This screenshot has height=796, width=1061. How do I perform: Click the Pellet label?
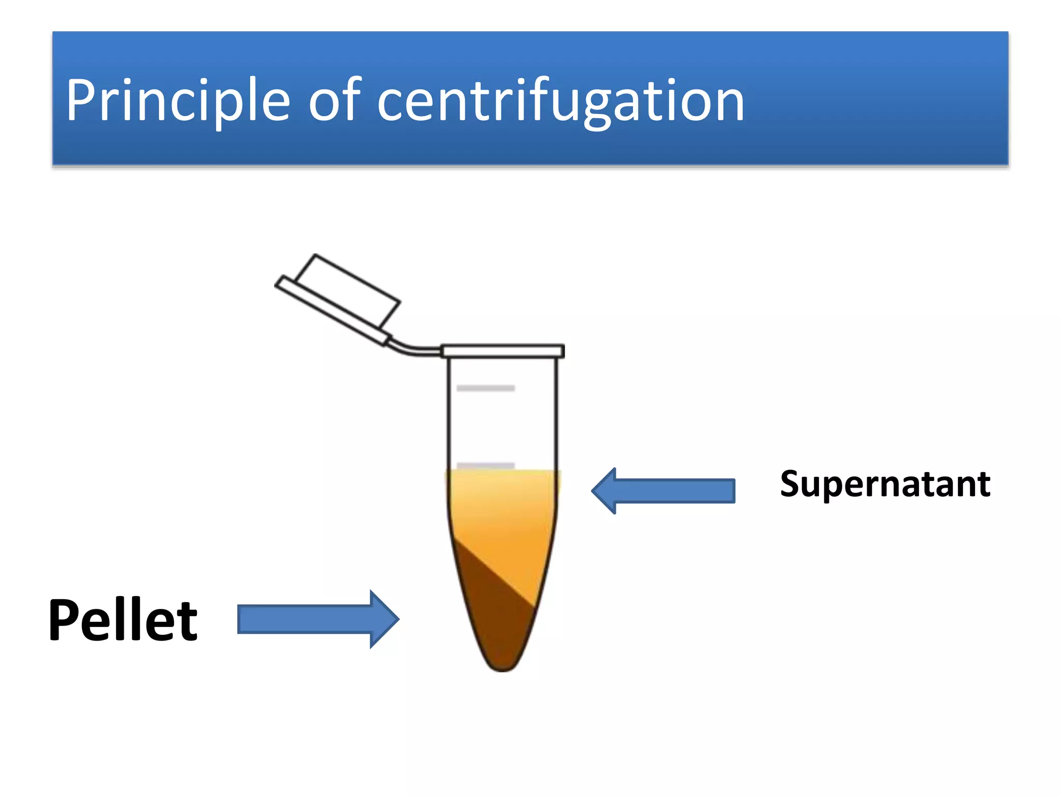[x=123, y=620]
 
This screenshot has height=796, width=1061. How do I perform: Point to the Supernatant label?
[x=885, y=484]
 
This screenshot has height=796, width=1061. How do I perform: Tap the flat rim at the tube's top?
[x=503, y=351]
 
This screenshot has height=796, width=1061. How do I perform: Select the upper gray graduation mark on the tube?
[x=485, y=388]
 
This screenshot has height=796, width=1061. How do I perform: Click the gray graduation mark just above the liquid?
[x=485, y=465]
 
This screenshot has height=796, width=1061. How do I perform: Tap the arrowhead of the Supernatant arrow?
[x=605, y=490]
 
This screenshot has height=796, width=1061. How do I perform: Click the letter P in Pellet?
[x=64, y=620]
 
